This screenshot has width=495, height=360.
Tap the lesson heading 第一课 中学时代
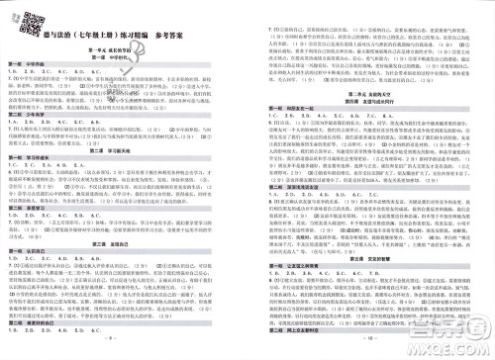pyautogui.click(x=122, y=57)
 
